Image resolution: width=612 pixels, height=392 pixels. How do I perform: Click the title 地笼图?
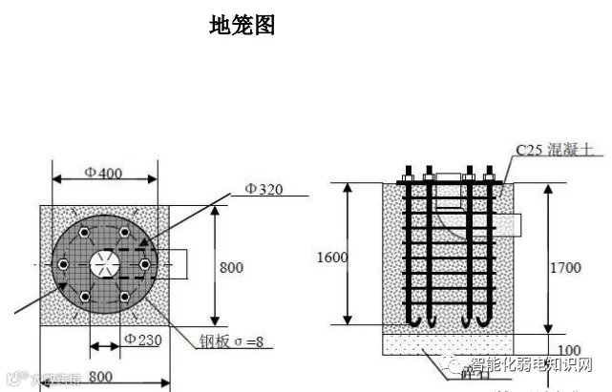243,26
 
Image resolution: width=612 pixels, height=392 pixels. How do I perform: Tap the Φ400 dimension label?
103,174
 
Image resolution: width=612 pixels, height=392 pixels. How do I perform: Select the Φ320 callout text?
264,189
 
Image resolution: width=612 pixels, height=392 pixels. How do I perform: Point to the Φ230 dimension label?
141,339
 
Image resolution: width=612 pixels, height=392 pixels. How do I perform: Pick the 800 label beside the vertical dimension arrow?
232,267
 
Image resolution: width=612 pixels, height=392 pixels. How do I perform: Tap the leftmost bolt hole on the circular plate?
62,264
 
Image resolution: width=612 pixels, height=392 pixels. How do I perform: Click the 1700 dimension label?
564,268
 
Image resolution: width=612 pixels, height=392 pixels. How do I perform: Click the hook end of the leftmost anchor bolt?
417,322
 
